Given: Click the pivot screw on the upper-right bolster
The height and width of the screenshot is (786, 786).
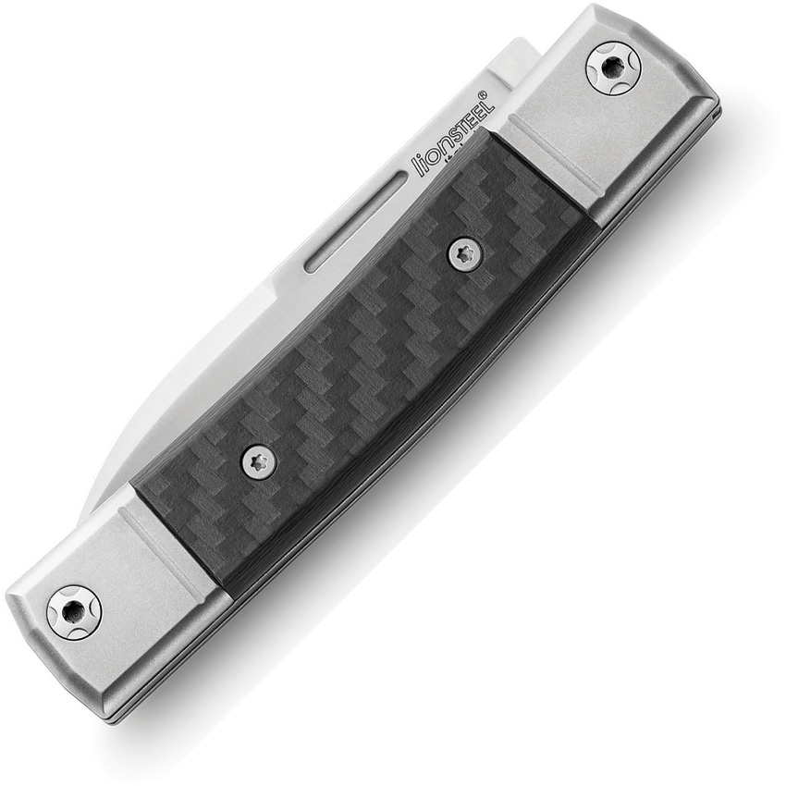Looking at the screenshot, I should tap(613, 67).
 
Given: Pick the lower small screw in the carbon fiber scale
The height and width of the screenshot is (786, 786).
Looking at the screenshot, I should tap(256, 459).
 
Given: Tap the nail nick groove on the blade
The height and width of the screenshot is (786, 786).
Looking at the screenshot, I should tap(354, 221).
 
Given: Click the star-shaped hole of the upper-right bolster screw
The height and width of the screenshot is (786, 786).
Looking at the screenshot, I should tap(613, 67).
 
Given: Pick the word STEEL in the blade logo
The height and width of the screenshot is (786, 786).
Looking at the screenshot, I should tap(472, 112).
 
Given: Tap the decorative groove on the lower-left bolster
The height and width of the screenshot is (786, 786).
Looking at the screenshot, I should tap(176, 546).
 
